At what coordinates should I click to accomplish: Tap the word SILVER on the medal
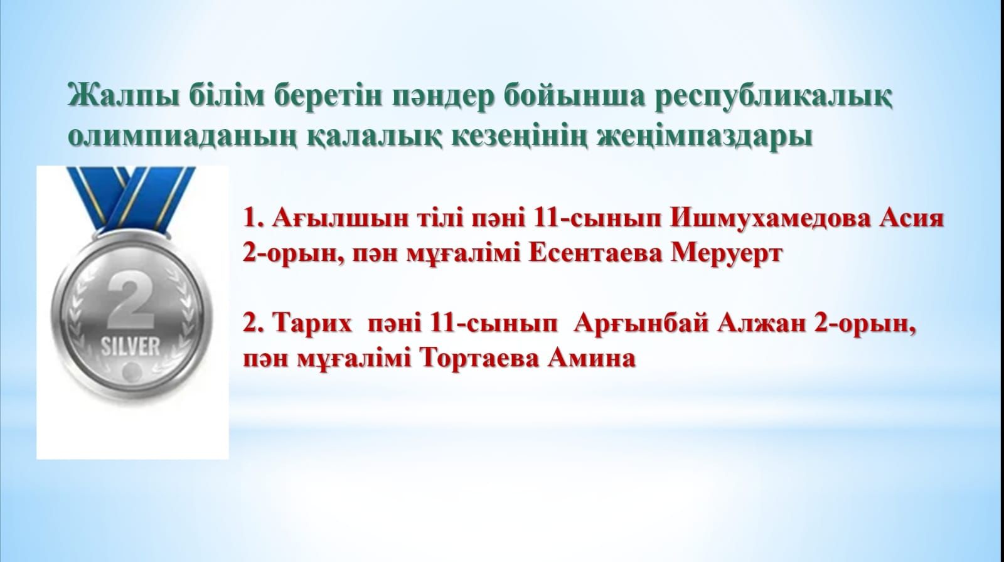(x=130, y=346)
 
